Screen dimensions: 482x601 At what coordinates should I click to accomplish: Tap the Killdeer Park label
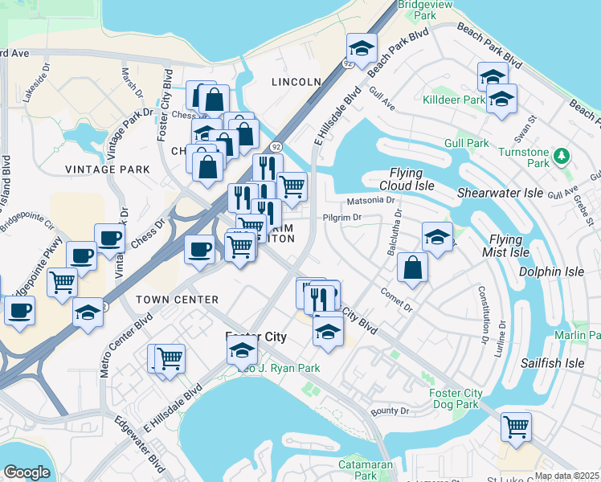tap(454, 100)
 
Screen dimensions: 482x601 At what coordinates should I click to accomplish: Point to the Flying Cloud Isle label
tap(411, 179)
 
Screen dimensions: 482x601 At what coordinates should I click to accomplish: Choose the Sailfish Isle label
tap(551, 363)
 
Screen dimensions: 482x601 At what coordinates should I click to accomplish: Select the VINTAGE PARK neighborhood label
tap(108, 170)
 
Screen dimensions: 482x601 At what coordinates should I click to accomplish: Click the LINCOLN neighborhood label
tap(296, 82)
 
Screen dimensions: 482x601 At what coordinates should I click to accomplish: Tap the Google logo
tap(27, 472)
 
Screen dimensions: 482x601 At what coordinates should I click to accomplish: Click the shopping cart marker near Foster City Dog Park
tap(516, 426)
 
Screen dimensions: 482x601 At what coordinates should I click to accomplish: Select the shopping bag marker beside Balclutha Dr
tap(412, 269)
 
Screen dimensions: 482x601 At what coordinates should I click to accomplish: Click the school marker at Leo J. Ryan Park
tap(242, 350)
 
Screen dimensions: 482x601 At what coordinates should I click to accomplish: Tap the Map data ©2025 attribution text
tap(566, 476)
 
